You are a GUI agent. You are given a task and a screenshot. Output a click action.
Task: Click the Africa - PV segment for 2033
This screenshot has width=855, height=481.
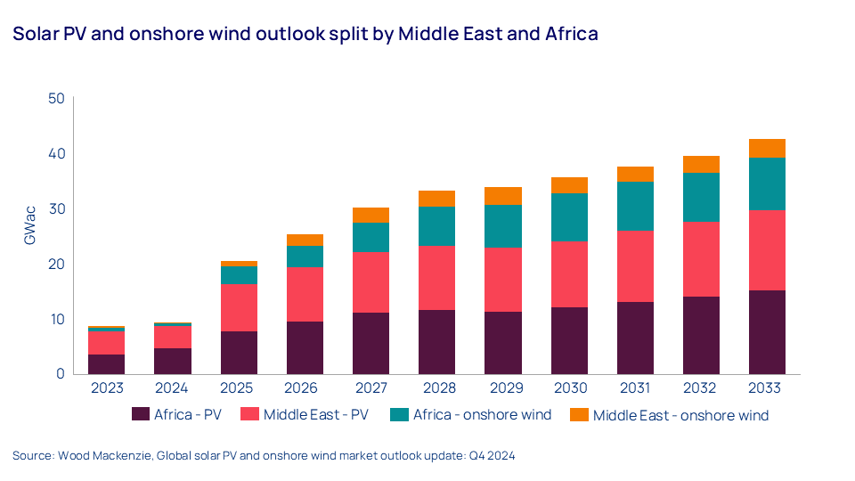tap(766, 332)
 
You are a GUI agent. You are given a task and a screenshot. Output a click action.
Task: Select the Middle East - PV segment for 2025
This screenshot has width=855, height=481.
tap(239, 307)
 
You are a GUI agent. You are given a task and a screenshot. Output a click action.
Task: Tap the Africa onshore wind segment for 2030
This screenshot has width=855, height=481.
tap(568, 217)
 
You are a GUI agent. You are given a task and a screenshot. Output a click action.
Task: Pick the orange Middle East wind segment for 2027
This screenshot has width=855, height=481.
tap(370, 215)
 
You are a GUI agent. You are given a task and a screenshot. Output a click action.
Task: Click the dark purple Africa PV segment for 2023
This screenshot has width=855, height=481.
tap(107, 364)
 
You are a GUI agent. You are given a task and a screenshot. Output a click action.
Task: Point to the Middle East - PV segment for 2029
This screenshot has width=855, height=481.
tap(502, 280)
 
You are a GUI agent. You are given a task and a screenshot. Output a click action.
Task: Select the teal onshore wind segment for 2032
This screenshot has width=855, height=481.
tap(700, 197)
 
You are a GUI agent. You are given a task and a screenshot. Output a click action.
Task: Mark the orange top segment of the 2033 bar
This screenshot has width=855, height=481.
tap(766, 148)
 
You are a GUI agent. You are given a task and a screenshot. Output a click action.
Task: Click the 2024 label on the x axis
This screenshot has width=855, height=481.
tap(173, 388)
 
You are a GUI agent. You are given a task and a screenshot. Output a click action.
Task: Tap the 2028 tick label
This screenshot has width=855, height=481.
tap(436, 388)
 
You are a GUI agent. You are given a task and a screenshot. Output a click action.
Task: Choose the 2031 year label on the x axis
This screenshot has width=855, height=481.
tap(634, 388)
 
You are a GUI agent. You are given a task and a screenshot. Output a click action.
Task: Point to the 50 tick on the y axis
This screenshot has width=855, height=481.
tap(56, 98)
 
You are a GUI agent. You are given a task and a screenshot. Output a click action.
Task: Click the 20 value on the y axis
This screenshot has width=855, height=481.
tap(56, 264)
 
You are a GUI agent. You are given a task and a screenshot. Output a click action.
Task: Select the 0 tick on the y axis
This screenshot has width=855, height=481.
tap(61, 374)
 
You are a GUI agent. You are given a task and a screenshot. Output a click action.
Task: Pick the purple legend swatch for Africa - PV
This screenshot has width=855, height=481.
tap(140, 414)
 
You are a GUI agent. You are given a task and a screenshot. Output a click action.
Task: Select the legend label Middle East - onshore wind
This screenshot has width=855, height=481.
tap(680, 415)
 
